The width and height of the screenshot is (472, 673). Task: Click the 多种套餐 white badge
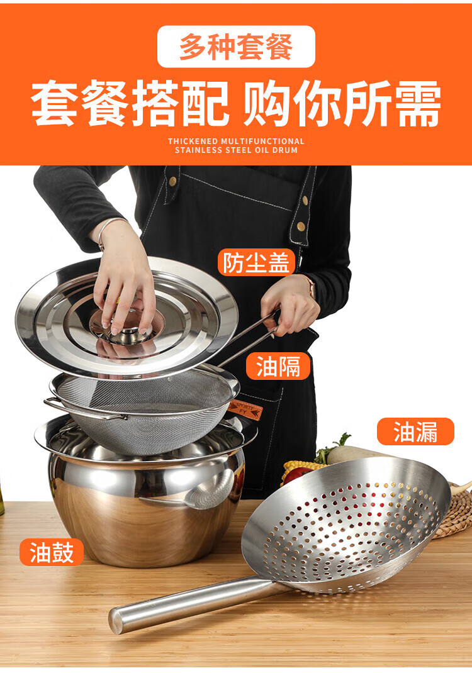[x=236, y=47]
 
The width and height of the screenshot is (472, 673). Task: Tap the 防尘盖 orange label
[x=256, y=262]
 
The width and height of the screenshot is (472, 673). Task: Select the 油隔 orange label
[x=278, y=366]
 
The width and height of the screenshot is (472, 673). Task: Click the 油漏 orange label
[x=415, y=431]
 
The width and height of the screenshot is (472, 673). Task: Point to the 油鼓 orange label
[x=51, y=552]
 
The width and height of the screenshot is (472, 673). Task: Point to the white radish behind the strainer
[x=356, y=453]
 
